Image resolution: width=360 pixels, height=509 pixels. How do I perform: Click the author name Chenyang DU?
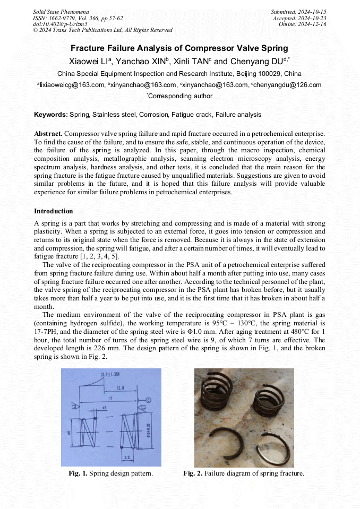[x=257, y=61]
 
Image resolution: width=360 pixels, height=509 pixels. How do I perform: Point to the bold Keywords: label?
[x=51, y=115]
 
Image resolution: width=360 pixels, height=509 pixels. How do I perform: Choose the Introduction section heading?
[x=54, y=211]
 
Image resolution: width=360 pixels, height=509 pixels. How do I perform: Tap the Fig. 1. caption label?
[x=78, y=473]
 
